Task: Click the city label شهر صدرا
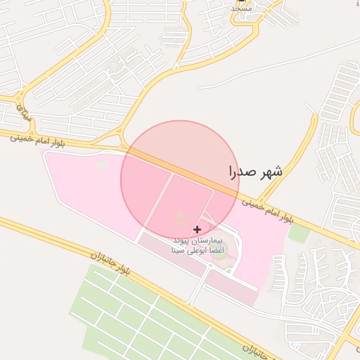point(256,172)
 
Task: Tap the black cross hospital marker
point(197,229)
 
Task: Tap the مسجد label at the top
point(241,8)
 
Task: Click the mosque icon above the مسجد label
point(241,1)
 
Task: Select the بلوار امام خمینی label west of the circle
point(38,140)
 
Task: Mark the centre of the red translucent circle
point(180,180)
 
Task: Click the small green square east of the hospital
point(299,233)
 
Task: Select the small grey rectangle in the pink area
point(102,165)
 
